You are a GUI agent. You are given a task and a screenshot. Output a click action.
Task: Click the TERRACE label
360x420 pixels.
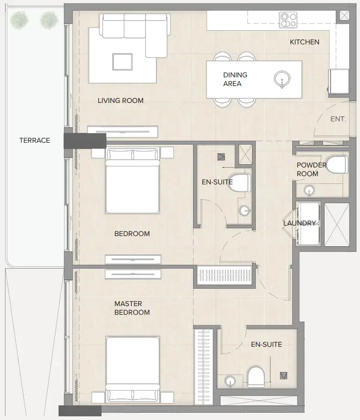pyautogui.click(x=34, y=140)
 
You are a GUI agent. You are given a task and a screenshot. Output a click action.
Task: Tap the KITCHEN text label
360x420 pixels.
pyautogui.click(x=304, y=42)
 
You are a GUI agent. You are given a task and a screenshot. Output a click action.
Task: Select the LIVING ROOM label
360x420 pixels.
pyautogui.click(x=120, y=101)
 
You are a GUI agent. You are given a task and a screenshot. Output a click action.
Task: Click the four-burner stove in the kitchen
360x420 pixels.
pyautogui.click(x=288, y=20)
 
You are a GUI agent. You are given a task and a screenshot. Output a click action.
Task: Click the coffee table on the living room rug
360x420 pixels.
pyautogui.click(x=123, y=61)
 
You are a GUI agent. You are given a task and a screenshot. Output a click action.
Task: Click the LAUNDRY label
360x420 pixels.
pyautogui.click(x=299, y=223)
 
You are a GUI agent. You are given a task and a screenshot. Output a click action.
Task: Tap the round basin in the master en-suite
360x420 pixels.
pyautogui.click(x=230, y=381)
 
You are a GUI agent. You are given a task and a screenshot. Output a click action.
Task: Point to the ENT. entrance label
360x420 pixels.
pyautogui.click(x=338, y=119)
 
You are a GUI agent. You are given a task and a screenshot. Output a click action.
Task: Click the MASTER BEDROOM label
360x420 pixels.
pyautogui.click(x=132, y=308)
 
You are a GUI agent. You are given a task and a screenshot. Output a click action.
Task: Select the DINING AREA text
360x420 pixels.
pyautogui.click(x=235, y=79)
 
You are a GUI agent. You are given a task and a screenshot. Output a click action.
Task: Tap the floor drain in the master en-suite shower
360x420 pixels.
pyautogui.click(x=284, y=376)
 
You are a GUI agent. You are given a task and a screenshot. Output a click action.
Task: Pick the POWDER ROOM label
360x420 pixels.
pyautogui.click(x=312, y=169)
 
